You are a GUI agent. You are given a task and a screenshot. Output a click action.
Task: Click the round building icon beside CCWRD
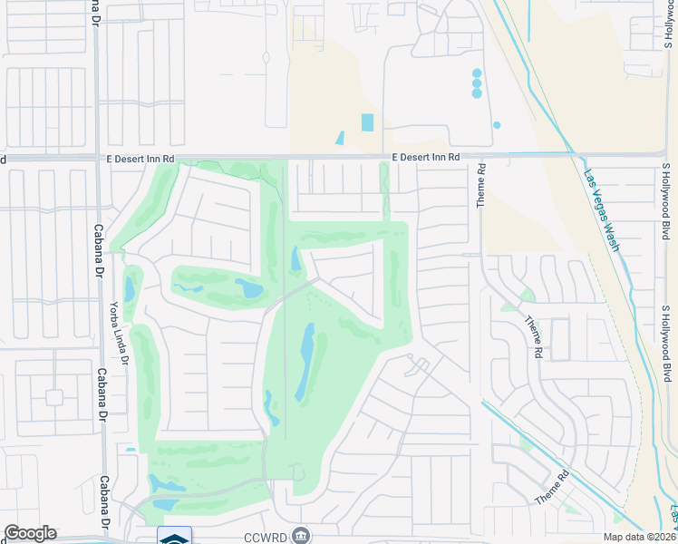303,535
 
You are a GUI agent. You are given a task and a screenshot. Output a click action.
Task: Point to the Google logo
30,533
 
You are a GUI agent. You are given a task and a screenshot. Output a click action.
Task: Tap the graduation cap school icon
174,537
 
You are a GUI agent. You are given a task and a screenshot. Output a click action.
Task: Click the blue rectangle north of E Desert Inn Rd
367,122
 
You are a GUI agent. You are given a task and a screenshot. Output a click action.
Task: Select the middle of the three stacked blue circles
477,83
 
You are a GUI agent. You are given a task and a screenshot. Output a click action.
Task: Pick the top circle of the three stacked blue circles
477,73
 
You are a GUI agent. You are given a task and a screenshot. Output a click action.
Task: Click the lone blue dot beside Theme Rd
497,125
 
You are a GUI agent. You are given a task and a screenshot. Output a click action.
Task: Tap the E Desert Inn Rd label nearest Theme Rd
426,157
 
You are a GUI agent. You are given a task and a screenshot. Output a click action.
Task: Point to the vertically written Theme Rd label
482,185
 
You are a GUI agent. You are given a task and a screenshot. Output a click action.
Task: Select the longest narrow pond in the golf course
305,362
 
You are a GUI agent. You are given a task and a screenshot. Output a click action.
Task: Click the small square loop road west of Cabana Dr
53,397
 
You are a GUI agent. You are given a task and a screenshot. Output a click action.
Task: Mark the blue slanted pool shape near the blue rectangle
340,139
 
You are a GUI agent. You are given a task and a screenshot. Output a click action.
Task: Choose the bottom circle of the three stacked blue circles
477,93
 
